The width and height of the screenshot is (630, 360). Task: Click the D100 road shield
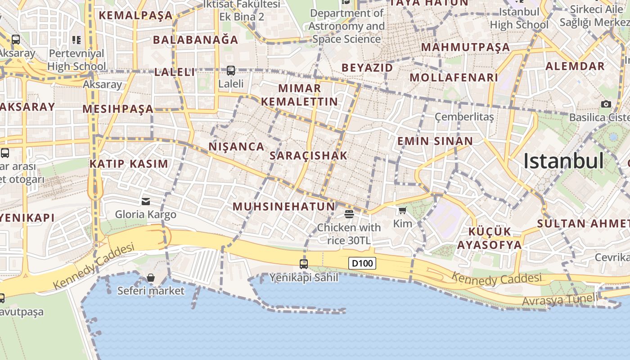coord(362,263)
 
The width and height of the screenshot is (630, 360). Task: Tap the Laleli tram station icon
coord(231,71)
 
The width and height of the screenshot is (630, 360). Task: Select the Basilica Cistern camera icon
coord(606,104)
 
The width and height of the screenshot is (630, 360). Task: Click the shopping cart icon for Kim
coord(402,211)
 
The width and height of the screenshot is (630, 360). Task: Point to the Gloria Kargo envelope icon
coord(146,201)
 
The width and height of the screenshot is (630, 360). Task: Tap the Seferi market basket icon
coord(151,278)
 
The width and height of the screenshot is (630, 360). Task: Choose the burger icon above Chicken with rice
coord(349,214)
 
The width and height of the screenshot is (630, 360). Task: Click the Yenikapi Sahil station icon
coord(304,264)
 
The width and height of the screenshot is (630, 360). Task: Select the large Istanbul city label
coord(563,161)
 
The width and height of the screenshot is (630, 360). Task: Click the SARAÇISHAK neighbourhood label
coord(308,156)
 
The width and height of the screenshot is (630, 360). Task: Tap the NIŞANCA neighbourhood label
coord(236,146)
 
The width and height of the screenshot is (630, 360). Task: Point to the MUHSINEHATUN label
coord(284,207)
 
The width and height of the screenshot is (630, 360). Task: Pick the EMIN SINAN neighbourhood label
coord(435,141)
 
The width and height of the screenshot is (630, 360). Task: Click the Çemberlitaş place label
coord(464,117)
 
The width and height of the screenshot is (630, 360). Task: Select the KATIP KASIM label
coord(129,164)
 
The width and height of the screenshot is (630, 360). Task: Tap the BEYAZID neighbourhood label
coord(367,68)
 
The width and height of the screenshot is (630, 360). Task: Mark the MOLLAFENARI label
coord(454,77)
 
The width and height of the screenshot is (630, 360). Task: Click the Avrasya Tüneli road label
coord(560,299)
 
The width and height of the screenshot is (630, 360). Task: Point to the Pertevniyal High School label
coord(76,60)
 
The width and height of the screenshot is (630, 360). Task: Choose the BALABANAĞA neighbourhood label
coord(195,40)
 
